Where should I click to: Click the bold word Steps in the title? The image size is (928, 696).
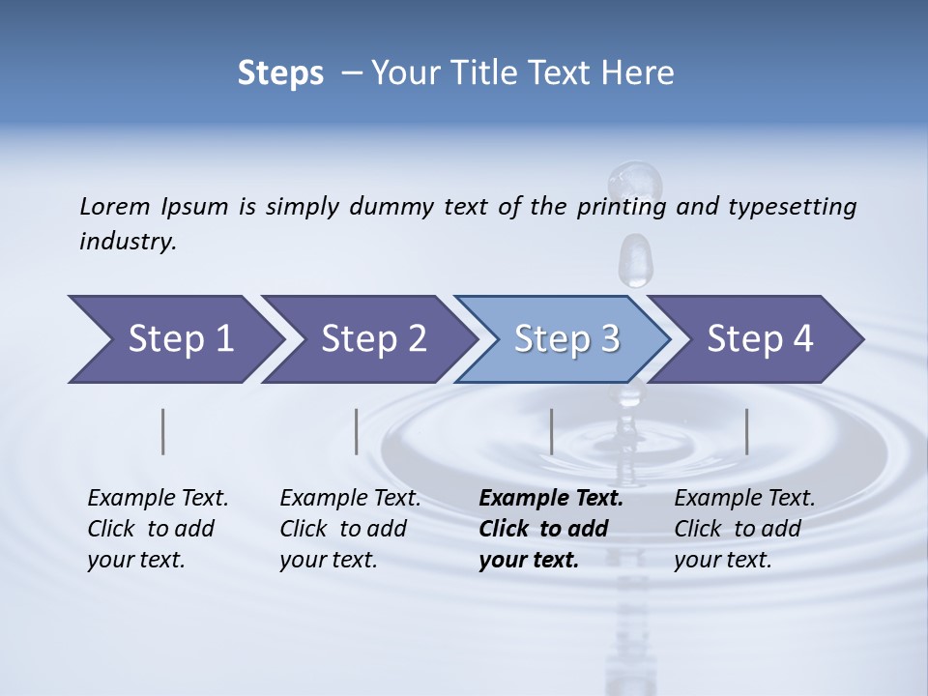tap(280, 73)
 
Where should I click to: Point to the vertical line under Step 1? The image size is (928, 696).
tap(163, 431)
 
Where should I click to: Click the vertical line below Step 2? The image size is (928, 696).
tap(357, 431)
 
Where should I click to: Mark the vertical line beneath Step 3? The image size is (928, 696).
tap(552, 431)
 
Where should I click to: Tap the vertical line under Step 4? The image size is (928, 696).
tap(747, 431)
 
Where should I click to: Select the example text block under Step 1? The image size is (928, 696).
tap(158, 529)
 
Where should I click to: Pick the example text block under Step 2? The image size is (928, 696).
tap(350, 529)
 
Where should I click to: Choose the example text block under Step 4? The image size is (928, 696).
tap(744, 529)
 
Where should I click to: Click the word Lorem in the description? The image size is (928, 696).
tap(115, 207)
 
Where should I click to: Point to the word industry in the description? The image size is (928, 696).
tap(128, 242)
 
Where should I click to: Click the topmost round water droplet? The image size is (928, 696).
tap(635, 181)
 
